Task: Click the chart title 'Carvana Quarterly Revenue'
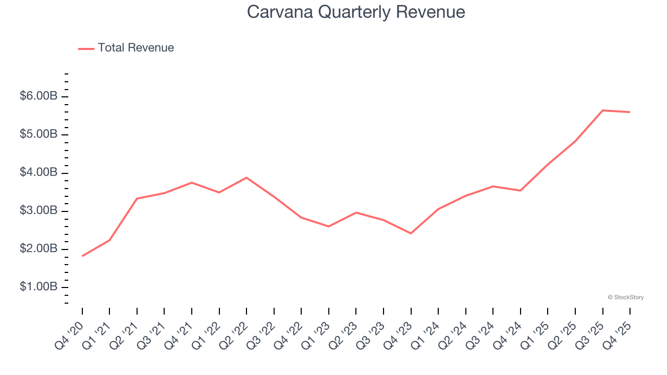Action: click(356, 11)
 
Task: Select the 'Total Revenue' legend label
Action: click(135, 48)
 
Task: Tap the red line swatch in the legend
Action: click(86, 48)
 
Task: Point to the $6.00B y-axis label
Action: click(39, 96)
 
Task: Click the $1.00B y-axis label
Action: click(39, 287)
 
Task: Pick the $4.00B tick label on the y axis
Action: click(39, 172)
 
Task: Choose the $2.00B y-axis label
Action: click(39, 249)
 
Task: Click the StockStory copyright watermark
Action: click(625, 297)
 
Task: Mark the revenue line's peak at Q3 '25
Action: click(602, 110)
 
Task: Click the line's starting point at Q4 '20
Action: click(82, 256)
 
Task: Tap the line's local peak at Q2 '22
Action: click(246, 178)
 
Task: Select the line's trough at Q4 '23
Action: click(411, 233)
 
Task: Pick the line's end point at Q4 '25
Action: click(629, 112)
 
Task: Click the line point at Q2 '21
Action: click(137, 198)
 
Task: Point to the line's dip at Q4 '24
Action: click(520, 191)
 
